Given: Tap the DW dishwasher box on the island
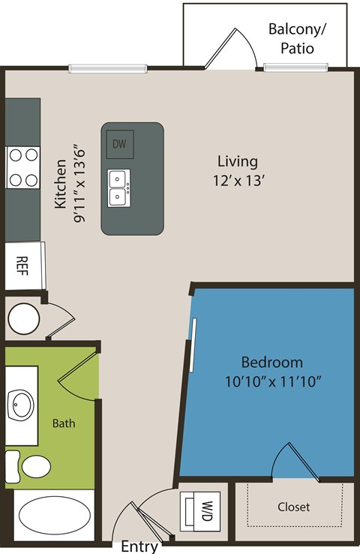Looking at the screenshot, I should pyautogui.click(x=118, y=143).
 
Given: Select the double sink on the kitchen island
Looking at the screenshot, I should pyautogui.click(x=118, y=188).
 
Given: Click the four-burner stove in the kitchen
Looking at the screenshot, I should pyautogui.click(x=22, y=167).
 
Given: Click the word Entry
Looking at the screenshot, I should pyautogui.click(x=139, y=546).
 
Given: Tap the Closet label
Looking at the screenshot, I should pyautogui.click(x=293, y=507).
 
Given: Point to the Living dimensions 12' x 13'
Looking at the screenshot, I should pyautogui.click(x=238, y=180).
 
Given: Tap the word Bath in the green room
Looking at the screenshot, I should pyautogui.click(x=64, y=423).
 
